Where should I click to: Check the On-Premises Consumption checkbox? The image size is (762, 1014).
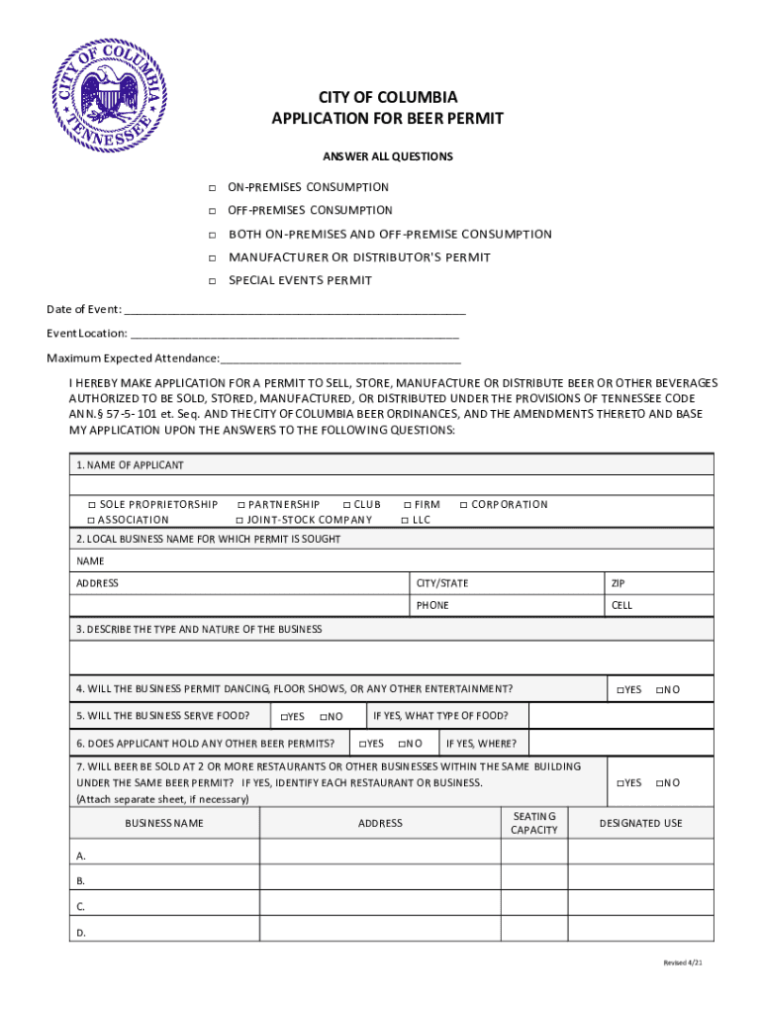coord(212,188)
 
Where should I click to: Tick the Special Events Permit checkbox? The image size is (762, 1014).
coord(212,281)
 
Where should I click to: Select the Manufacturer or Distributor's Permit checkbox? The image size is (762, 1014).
coord(212,258)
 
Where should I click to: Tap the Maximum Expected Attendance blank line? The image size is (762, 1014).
coord(341,357)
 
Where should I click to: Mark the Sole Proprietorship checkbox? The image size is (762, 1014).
coord(91,505)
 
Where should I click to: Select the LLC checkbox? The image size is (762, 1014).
coord(405,520)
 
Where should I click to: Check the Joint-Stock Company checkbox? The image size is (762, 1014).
coord(239,520)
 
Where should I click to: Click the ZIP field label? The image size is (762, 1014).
coord(619,583)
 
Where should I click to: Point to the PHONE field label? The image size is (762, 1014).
coord(432,605)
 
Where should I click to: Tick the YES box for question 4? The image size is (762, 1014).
coord(619,690)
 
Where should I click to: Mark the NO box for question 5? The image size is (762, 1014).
coord(323,717)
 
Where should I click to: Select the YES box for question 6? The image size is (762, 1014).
coord(362,744)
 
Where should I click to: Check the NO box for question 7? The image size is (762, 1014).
coord(659,783)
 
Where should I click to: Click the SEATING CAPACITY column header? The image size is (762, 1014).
coord(534,823)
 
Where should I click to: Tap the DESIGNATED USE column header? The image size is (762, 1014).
coord(640,823)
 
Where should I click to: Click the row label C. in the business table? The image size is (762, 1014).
coord(81,906)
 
